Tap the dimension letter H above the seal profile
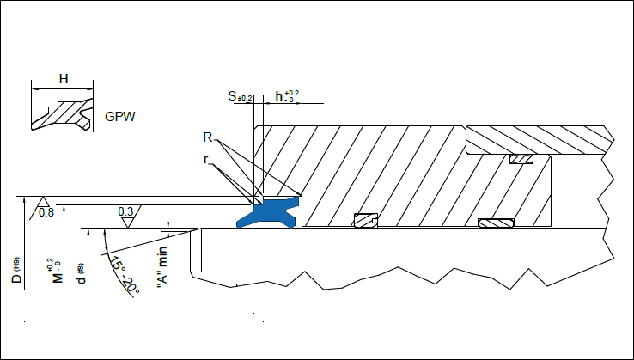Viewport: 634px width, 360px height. point(63,79)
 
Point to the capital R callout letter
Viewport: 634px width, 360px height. point(208,137)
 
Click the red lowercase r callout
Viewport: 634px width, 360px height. point(207,159)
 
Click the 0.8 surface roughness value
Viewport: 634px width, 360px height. point(46,212)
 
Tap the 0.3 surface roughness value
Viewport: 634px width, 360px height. point(125,211)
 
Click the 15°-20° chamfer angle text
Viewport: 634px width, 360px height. point(123,274)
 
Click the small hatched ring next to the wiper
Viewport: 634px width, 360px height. point(366,221)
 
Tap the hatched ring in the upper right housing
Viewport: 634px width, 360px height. point(521,160)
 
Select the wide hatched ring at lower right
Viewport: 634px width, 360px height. point(496,223)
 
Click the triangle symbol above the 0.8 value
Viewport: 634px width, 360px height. point(40,202)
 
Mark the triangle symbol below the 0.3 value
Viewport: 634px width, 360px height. point(128,222)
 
